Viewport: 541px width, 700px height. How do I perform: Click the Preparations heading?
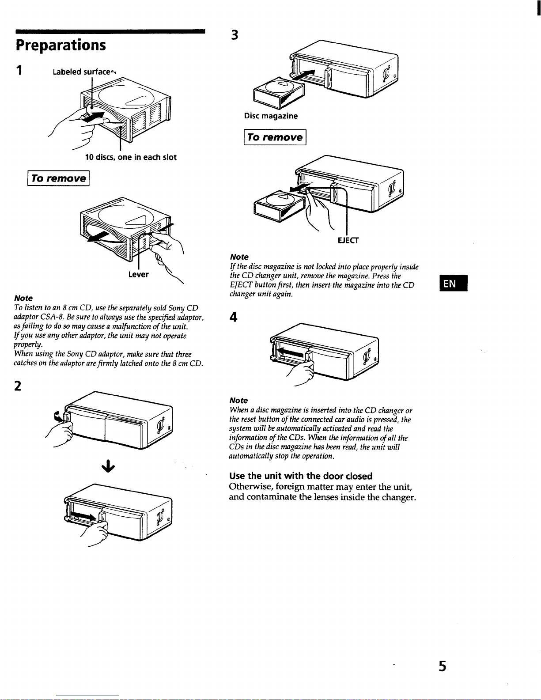point(61,45)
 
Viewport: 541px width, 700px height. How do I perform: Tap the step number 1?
point(19,70)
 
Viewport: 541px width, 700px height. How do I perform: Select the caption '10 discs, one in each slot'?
point(131,157)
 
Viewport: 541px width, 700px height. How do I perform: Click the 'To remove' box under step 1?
point(58,178)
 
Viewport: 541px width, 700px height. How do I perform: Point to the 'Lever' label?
point(139,274)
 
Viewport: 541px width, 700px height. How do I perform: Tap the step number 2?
point(18,386)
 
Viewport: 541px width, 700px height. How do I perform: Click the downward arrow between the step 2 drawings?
point(108,466)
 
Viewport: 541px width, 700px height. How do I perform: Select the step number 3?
point(235,35)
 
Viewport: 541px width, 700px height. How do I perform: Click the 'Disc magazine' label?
point(271,116)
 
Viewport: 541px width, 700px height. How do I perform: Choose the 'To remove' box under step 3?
point(275,137)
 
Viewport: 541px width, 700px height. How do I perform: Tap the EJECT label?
point(348,240)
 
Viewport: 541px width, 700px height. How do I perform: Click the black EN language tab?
point(454,283)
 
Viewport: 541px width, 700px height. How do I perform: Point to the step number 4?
point(234,317)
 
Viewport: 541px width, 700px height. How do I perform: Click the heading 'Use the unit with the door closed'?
point(301,476)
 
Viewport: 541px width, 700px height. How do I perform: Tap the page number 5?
point(443,666)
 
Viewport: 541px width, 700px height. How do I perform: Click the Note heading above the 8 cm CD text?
point(23,298)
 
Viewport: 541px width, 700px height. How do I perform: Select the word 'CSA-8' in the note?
point(52,317)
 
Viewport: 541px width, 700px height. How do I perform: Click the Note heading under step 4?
point(238,401)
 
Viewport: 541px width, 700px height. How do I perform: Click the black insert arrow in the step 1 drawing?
point(93,117)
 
